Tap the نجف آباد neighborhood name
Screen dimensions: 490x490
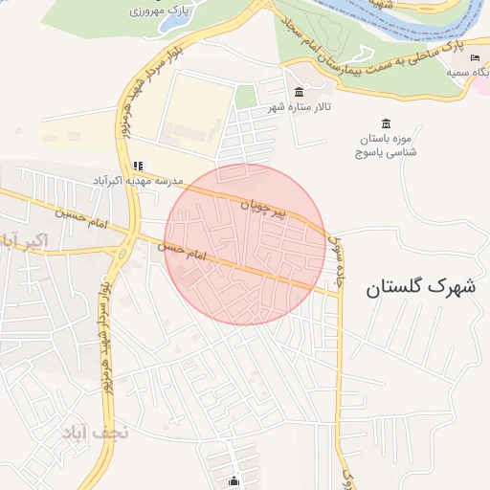coord(95,433)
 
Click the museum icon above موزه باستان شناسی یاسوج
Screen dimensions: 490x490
coord(386,122)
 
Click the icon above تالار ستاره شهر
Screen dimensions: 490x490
coord(300,92)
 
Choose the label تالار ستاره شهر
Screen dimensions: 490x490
coord(299,106)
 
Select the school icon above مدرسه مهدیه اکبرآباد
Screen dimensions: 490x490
coord(138,165)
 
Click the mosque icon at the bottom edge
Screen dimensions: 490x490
coord(234,480)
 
